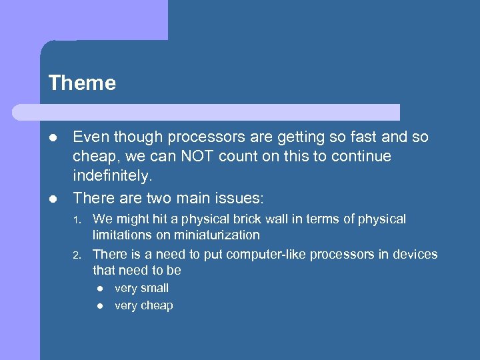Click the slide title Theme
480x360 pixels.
click(x=82, y=83)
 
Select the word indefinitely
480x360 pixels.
click(x=112, y=177)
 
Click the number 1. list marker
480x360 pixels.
click(x=77, y=220)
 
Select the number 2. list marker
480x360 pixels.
click(x=77, y=255)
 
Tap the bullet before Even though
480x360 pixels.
click(x=53, y=138)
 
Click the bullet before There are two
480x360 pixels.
click(x=53, y=198)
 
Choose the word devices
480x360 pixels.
click(x=416, y=255)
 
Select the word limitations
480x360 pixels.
click(x=121, y=235)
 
